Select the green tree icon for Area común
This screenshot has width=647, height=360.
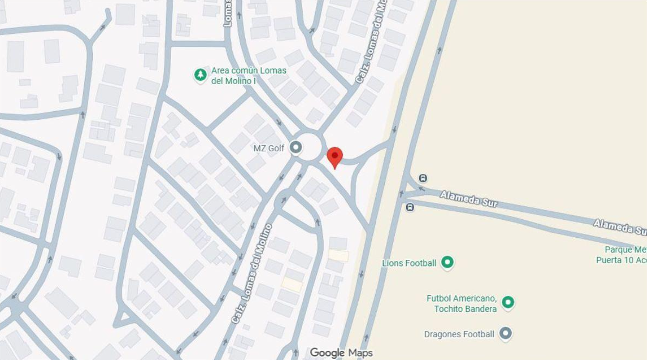pyautogui.click(x=200, y=75)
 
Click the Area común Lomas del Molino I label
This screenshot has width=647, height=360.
pyautogui.click(x=248, y=76)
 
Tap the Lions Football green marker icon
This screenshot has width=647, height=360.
pyautogui.click(x=448, y=263)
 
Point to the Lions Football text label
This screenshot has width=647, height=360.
pyautogui.click(x=409, y=263)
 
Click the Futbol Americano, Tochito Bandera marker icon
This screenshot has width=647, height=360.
pyautogui.click(x=507, y=303)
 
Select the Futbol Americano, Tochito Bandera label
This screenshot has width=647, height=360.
pyautogui.click(x=461, y=303)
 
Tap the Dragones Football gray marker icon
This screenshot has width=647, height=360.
pyautogui.click(x=505, y=333)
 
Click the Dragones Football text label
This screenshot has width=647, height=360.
pyautogui.click(x=459, y=334)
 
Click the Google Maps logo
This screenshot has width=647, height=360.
pyautogui.click(x=341, y=353)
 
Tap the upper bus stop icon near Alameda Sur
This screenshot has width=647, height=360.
pyautogui.click(x=423, y=178)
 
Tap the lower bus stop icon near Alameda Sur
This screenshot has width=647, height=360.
pyautogui.click(x=410, y=207)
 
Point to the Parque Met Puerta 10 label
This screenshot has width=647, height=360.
pyautogui.click(x=622, y=255)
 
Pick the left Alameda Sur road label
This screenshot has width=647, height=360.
pyautogui.click(x=469, y=199)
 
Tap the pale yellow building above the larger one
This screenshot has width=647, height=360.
pyautogui.click(x=338, y=256)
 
